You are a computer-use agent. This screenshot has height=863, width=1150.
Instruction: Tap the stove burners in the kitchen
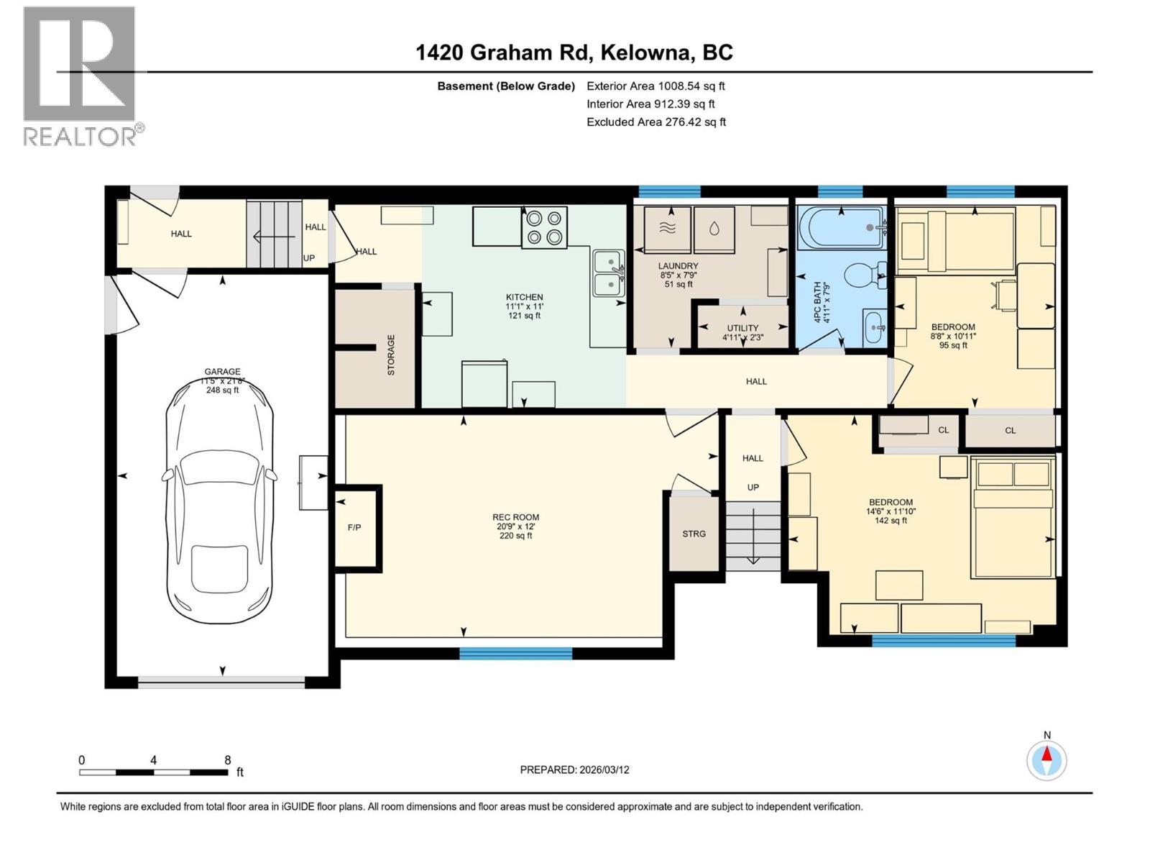pos(543,227)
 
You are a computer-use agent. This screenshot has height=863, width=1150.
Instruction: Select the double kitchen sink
pos(608,273)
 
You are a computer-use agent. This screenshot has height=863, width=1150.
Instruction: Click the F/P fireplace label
pos(354,527)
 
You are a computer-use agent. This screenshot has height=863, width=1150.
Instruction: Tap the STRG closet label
pos(694,534)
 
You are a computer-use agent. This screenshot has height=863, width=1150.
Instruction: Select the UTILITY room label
pos(742,328)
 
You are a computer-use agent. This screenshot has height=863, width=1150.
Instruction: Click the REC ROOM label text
pos(515,517)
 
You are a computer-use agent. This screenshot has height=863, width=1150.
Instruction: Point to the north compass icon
pos(1046,759)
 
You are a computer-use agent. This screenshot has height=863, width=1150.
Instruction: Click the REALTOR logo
pos(80,76)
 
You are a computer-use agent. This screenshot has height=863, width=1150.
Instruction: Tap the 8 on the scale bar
pos(228,760)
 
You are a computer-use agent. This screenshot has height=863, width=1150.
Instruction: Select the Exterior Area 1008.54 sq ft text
pos(655,86)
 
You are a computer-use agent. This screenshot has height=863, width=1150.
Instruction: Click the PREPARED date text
pos(574,770)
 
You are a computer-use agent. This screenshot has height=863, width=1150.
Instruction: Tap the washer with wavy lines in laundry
pos(668,229)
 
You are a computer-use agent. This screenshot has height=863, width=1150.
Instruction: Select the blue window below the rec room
pos(515,653)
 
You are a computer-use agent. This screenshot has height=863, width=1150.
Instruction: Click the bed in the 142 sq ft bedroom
pos(1012,516)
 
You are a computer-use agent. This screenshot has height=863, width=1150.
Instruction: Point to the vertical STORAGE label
pos(392,355)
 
